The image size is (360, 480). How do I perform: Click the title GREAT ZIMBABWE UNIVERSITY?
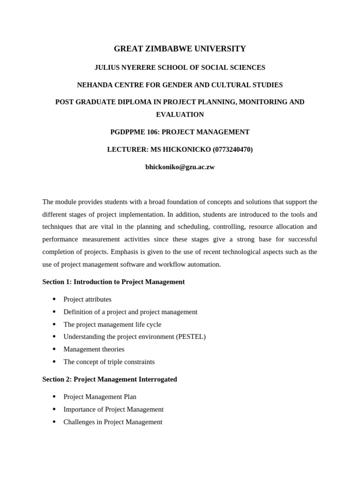180,49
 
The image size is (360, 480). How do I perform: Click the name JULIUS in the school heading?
106,67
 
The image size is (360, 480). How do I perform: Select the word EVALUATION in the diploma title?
180,114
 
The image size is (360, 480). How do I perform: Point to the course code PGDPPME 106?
128,132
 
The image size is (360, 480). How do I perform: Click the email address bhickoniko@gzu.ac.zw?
180,167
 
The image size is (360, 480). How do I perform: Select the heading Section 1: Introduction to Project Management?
113,282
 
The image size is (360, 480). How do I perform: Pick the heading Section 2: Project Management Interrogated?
110,379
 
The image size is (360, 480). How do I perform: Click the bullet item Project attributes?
87,299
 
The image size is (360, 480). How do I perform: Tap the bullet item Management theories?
94,349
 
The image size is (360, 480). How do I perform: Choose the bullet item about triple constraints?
109,362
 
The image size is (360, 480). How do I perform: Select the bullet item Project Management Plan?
100,397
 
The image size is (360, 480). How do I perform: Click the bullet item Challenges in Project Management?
113,422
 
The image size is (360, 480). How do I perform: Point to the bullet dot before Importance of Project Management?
54,409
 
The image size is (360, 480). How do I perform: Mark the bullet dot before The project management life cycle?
54,324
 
